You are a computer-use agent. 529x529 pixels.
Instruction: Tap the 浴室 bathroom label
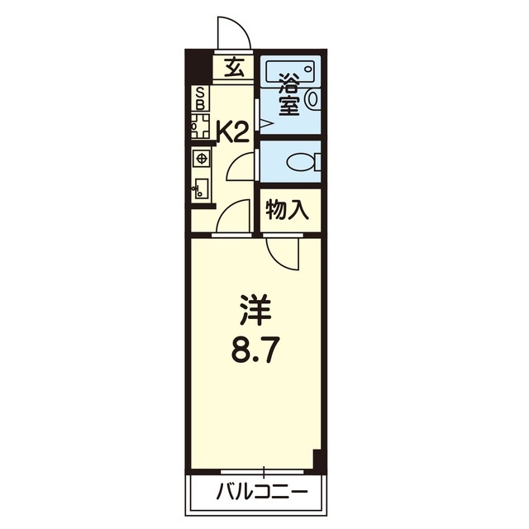coord(288,95)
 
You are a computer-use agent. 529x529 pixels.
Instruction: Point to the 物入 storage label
coord(287,211)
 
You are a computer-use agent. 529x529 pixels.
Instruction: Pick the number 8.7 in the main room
coord(256,353)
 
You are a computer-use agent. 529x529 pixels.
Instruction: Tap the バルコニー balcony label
coord(262,493)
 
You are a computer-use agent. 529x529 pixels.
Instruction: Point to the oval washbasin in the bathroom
coord(311,99)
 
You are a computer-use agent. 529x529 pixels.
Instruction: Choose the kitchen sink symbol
coord(201,187)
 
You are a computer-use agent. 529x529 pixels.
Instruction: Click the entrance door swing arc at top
coord(231,33)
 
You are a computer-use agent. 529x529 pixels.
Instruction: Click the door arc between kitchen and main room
coord(235,217)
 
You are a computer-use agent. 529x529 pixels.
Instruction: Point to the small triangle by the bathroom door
coord(263,124)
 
